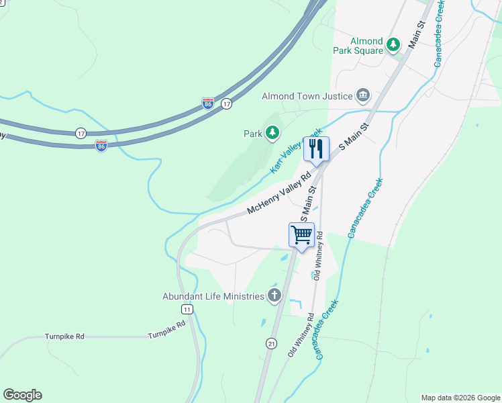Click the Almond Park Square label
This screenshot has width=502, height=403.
(x=358, y=46)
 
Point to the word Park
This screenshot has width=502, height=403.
(x=252, y=134)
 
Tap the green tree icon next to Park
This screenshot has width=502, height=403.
(x=272, y=134)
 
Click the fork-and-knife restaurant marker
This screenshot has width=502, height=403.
(x=316, y=149)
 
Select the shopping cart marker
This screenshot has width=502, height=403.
(x=301, y=236)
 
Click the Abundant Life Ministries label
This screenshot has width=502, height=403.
(x=213, y=296)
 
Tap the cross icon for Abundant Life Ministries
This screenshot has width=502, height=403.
(x=274, y=295)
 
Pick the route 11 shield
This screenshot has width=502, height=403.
(x=187, y=308)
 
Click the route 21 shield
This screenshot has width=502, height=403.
(x=271, y=343)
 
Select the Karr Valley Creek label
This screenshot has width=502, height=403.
(x=295, y=152)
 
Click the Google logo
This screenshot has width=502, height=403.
(x=22, y=395)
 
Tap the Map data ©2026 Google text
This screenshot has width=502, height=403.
(x=460, y=398)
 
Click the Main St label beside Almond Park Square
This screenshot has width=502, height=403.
(x=417, y=34)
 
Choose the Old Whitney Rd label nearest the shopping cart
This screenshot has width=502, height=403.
(x=318, y=256)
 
